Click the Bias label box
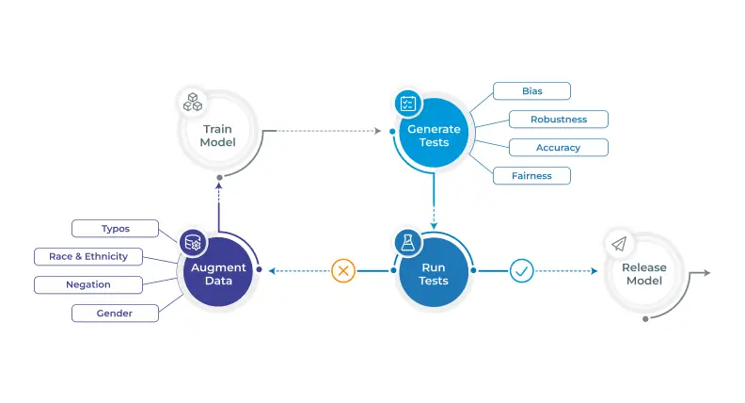coord(531,91)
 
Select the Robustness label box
coord(558,119)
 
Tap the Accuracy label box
coord(558,148)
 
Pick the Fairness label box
coord(531,175)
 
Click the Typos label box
coord(115,229)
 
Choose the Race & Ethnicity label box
coord(88,256)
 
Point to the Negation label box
coord(88,284)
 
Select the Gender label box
coord(115,313)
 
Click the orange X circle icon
coord(343,271)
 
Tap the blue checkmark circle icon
coord(521,271)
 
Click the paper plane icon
coord(619,244)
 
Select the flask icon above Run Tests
coord(407,243)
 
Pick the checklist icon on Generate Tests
coord(408,104)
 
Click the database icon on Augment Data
coord(193,243)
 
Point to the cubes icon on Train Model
coord(193,103)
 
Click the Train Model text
coord(217,136)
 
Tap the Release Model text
coord(644,274)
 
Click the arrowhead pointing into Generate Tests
coord(378,131)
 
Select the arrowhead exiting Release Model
coord(707,273)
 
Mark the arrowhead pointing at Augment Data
coord(272,271)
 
